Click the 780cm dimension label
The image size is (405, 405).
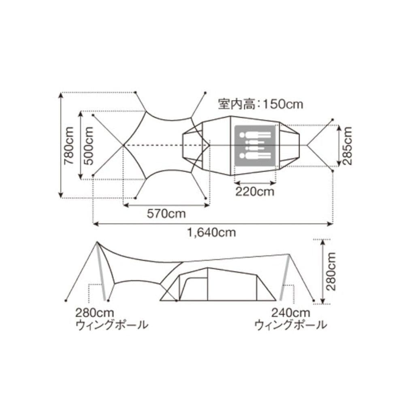[x=69, y=145]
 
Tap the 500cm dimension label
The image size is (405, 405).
[x=89, y=145]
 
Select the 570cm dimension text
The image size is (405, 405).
[x=166, y=214]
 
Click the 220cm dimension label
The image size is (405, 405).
[x=255, y=192]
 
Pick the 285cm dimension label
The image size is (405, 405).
[x=347, y=145]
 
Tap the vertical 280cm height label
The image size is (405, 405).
[x=331, y=271]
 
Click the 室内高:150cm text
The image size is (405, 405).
[x=260, y=104]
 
